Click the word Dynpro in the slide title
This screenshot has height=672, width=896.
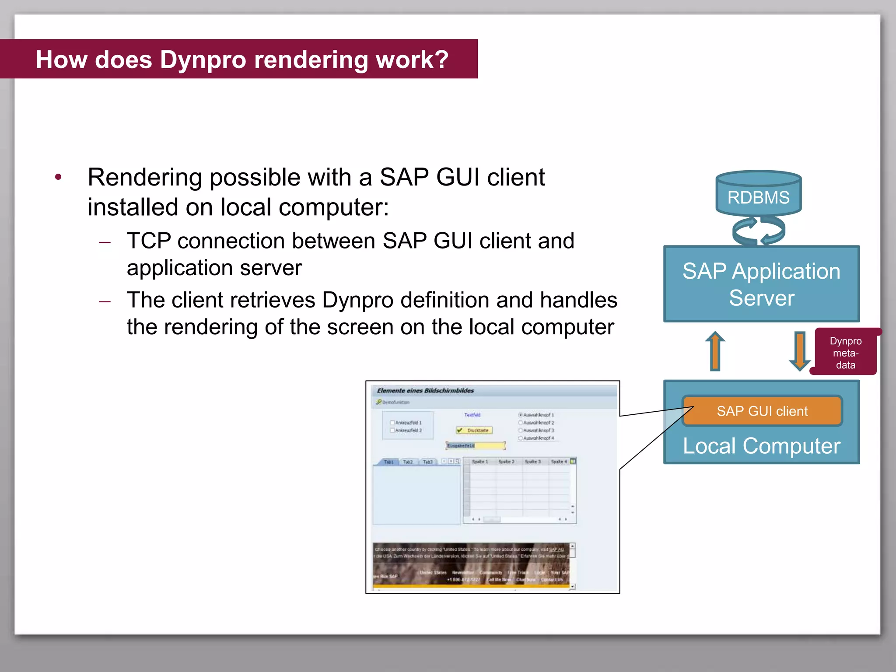[x=203, y=60]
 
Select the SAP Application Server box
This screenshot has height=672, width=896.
[x=761, y=284]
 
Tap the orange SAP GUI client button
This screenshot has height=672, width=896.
[x=762, y=411]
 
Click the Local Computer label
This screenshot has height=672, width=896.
[x=761, y=446]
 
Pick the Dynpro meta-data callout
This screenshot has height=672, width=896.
[x=845, y=353]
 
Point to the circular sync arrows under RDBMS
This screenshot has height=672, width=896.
[x=758, y=231]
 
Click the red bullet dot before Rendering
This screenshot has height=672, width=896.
[x=58, y=177]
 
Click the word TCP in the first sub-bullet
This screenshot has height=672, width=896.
[x=148, y=241]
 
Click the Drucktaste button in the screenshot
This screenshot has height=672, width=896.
[x=474, y=430]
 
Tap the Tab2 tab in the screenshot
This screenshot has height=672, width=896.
[x=408, y=462]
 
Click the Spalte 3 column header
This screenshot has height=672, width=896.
[x=532, y=462]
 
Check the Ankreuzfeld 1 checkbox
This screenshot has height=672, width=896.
[x=392, y=423]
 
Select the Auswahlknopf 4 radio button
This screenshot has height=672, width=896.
[x=521, y=438]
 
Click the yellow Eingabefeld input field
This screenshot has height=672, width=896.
[x=476, y=446]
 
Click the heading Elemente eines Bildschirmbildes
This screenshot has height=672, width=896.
[x=425, y=391]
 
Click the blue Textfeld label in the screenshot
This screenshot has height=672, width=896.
[x=472, y=415]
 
